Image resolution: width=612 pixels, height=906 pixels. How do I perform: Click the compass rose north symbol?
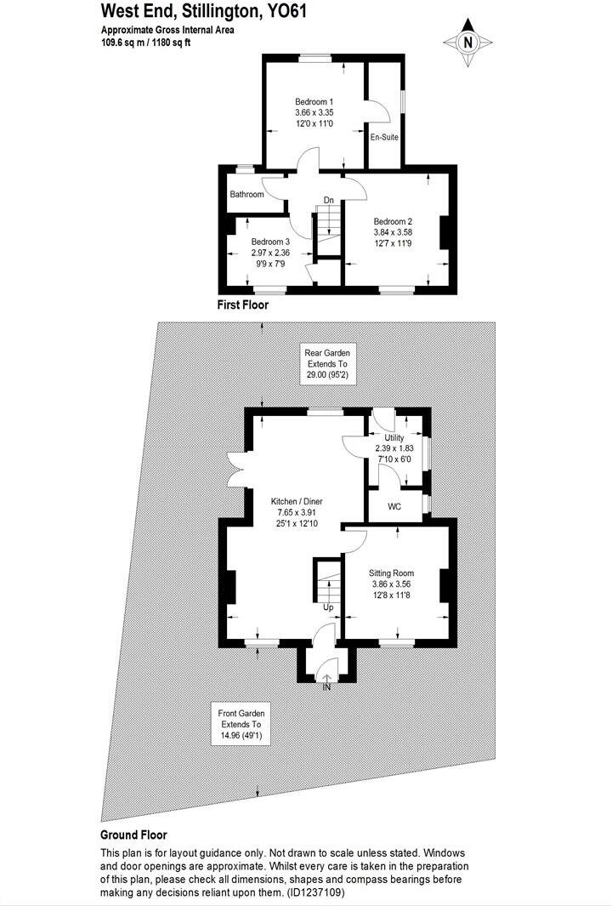(x=467, y=43)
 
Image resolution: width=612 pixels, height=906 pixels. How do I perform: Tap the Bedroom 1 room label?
(x=314, y=100)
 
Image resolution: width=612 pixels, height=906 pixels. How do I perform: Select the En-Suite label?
(x=384, y=136)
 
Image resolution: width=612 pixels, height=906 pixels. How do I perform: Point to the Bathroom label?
(x=246, y=195)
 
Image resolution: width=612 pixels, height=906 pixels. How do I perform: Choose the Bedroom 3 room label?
(x=270, y=242)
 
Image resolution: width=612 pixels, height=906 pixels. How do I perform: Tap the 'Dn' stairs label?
(x=328, y=201)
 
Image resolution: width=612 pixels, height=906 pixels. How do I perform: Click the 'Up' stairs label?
(x=327, y=607)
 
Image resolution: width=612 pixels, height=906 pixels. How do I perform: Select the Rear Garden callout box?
(x=327, y=363)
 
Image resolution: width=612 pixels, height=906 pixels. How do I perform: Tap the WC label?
(x=394, y=507)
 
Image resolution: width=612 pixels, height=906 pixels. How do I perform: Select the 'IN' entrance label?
(x=326, y=687)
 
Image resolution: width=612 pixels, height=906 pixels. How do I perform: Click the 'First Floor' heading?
(x=243, y=304)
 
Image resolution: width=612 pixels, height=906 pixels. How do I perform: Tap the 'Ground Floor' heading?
(x=133, y=835)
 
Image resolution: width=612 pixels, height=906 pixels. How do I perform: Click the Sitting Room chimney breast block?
(x=443, y=586)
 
